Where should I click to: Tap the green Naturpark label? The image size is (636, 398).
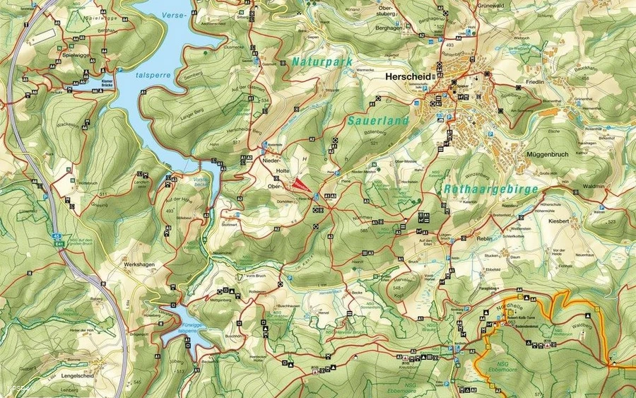pos(322,62)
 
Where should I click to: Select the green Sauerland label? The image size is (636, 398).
pos(378,122)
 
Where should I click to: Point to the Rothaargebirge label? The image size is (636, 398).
pos(491,189)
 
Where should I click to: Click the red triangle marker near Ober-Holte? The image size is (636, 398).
pos(302,185)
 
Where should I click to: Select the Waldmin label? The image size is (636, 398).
pos(594,186)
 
